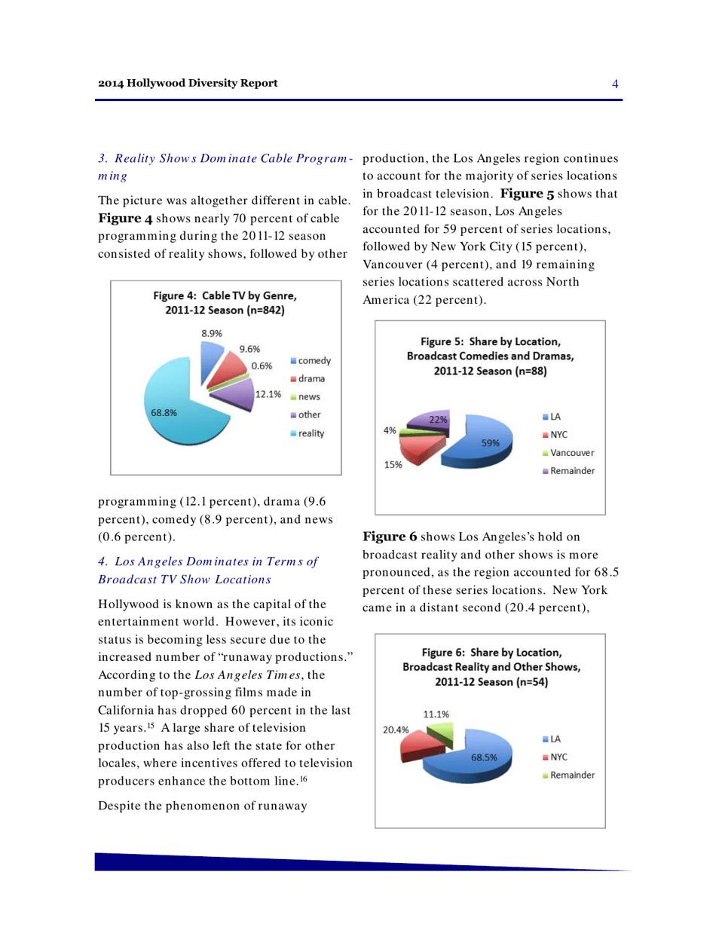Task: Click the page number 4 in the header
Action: (615, 84)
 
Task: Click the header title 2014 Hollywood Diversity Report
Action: (188, 83)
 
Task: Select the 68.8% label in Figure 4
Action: (163, 412)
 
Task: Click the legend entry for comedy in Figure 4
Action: (304, 362)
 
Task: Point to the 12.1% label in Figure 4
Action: (268, 393)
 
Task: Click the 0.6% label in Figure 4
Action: (262, 366)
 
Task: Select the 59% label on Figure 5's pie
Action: (491, 442)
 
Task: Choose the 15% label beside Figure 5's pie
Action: (392, 465)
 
